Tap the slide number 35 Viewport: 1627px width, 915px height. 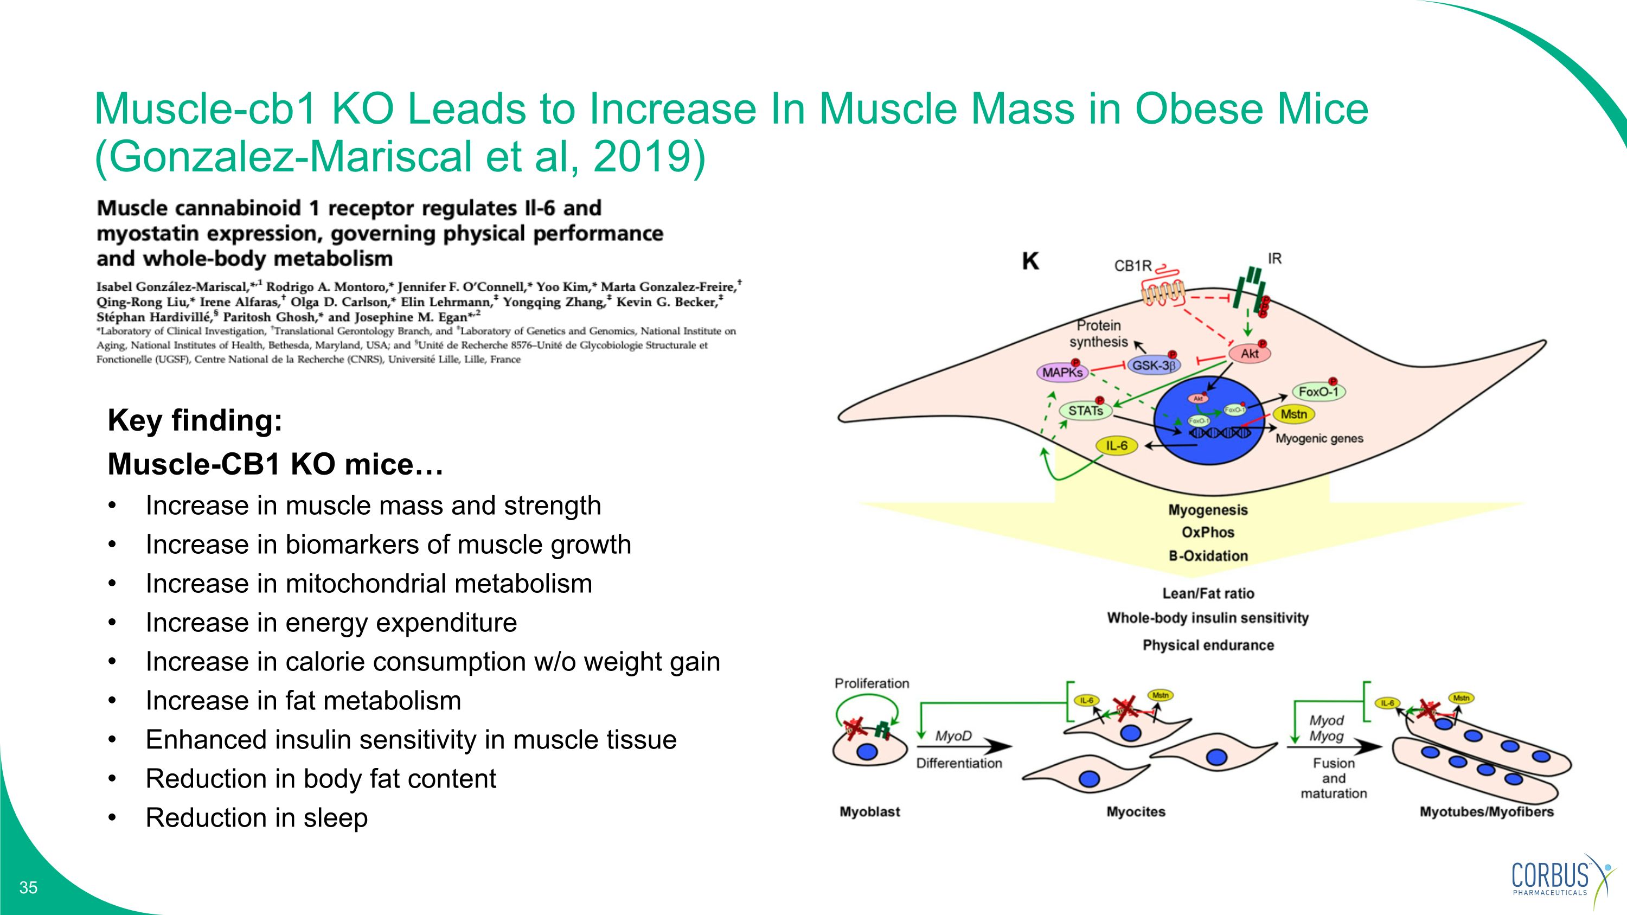click(x=28, y=888)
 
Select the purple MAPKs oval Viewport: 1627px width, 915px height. click(x=1063, y=373)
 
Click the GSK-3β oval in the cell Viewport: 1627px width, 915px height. click(x=1154, y=366)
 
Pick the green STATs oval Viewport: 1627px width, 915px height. click(x=1085, y=411)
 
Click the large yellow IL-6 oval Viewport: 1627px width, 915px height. click(x=1117, y=446)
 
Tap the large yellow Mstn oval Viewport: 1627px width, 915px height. click(x=1293, y=415)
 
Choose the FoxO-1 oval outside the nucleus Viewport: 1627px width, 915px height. click(x=1318, y=392)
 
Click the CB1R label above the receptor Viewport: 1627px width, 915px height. click(x=1132, y=266)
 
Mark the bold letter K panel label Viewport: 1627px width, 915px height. click(x=1030, y=261)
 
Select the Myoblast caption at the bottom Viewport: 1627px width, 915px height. click(x=870, y=812)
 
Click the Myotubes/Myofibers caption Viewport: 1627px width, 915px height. click(x=1486, y=812)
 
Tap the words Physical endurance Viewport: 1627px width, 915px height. click(x=1208, y=645)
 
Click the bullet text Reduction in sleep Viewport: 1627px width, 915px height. click(x=257, y=818)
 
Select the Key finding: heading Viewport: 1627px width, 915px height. click(x=195, y=420)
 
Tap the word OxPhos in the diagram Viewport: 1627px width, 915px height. click(x=1208, y=532)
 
